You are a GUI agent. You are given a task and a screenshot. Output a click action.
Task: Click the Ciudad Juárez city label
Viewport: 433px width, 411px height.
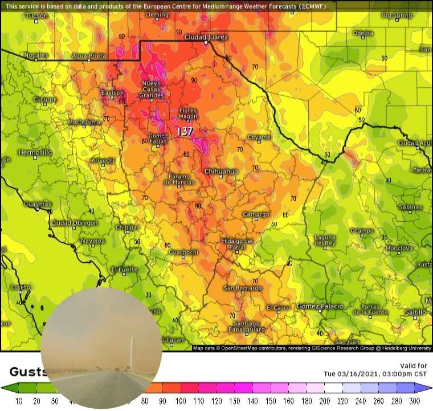pos(206,38)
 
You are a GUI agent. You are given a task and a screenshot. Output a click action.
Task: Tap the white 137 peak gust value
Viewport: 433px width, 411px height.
pos(185,132)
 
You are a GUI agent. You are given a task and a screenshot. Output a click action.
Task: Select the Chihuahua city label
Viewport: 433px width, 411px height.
pos(220,171)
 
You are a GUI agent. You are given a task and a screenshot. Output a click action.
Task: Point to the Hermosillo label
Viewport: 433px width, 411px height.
pos(35,153)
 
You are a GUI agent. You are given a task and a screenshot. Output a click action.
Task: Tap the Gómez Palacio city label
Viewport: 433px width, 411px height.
pos(320,306)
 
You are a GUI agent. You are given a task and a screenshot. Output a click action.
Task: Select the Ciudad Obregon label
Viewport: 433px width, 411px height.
pos(74,223)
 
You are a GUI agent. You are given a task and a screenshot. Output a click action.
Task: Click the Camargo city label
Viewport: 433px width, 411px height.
pos(256,214)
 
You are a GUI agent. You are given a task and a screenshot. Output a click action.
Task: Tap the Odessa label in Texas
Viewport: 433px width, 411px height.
pos(363,33)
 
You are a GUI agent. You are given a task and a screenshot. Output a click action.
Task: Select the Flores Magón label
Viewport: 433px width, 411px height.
pos(187,113)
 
